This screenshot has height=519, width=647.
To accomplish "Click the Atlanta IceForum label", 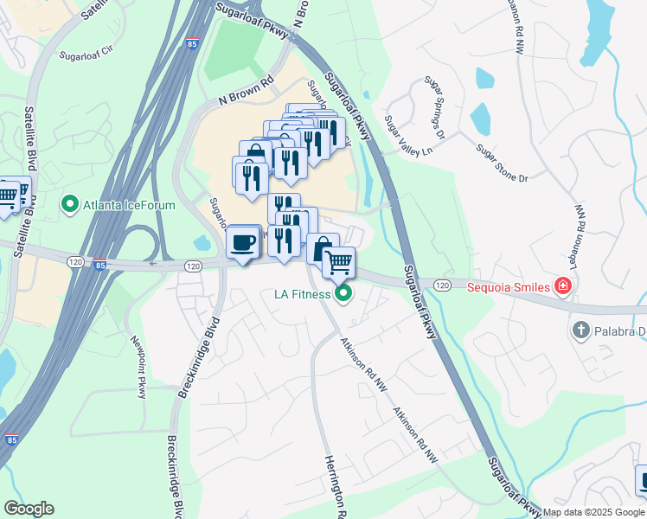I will click(x=129, y=205).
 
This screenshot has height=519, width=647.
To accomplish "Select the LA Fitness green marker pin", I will click(x=343, y=295).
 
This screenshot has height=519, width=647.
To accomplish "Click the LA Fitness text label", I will click(x=304, y=295).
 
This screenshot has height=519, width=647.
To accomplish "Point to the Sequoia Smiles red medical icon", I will click(x=564, y=285).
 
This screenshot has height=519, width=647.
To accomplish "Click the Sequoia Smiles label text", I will click(x=510, y=285).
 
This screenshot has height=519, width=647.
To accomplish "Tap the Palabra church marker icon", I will click(x=580, y=330).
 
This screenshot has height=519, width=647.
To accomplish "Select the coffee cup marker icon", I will click(x=243, y=241).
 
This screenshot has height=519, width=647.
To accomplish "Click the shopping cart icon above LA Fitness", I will click(x=339, y=261).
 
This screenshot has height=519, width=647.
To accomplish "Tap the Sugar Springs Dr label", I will click(x=434, y=107).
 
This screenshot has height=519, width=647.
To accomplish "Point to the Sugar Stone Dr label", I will click(x=501, y=163).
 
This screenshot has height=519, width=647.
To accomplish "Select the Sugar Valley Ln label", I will click(x=407, y=136).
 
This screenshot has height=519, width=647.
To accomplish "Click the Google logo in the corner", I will click(x=29, y=509).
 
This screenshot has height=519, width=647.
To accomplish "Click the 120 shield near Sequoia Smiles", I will click(x=443, y=285).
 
